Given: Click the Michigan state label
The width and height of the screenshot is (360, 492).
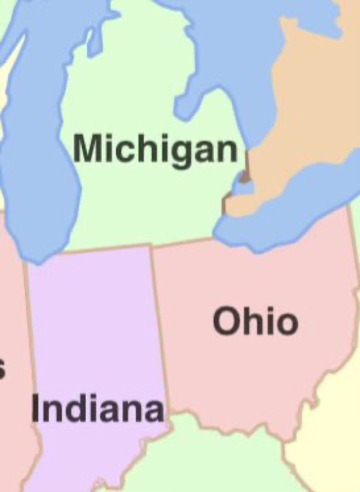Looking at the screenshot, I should pos(156,150).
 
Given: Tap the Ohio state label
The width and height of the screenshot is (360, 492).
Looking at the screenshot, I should pos(255,322).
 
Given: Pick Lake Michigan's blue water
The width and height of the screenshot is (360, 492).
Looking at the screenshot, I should pos(37,164).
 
